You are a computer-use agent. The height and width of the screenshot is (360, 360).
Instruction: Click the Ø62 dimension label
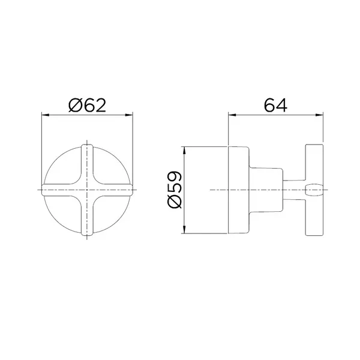(x=87, y=105)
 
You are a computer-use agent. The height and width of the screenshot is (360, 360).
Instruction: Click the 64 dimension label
(x=275, y=105)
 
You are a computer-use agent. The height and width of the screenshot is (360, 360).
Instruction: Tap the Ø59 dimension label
(x=175, y=190)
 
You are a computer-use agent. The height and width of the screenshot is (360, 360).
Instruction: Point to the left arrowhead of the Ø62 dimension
(x=46, y=115)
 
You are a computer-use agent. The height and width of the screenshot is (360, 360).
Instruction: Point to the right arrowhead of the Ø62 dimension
(x=129, y=115)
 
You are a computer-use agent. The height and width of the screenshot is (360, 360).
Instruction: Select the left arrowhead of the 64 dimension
(x=232, y=115)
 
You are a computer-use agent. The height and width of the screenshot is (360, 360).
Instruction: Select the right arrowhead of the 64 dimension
(x=319, y=115)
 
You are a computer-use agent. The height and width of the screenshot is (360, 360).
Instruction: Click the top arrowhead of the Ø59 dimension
(x=184, y=151)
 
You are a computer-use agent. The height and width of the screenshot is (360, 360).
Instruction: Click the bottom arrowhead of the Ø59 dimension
(x=184, y=229)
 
